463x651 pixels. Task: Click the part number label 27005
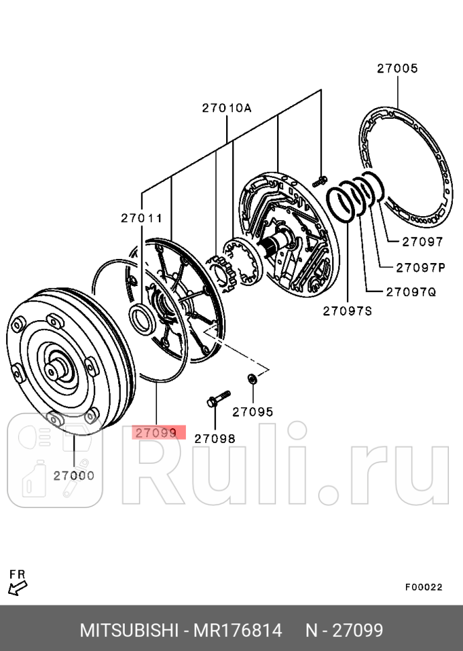397,68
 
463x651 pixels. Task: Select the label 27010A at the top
227,108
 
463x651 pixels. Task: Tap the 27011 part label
142,217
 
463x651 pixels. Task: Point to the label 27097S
348,310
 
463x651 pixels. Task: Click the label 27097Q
411,291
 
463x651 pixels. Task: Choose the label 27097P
421,266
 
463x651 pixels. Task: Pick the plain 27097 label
422,242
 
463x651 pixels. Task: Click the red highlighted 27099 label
159,432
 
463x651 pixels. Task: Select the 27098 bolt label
215,438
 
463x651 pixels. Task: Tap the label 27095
253,411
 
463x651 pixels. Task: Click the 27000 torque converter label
74,475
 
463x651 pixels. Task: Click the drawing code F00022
423,587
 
